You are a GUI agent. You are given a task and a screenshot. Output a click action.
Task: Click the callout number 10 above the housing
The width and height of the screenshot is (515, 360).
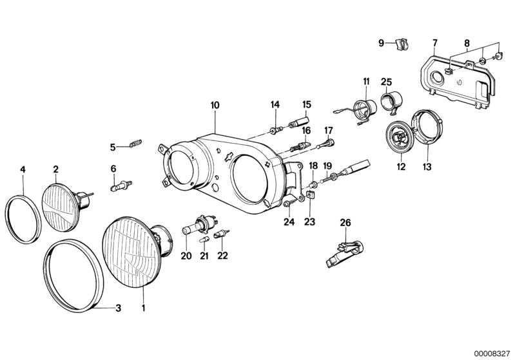pyautogui.click(x=215, y=104)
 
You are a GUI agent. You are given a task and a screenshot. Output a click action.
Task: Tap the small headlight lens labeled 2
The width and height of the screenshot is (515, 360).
pyautogui.click(x=60, y=202)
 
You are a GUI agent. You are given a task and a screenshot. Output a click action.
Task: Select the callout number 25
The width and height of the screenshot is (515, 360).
pyautogui.click(x=386, y=82)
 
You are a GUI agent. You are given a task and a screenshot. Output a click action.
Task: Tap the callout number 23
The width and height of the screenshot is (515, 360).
pyautogui.click(x=311, y=221)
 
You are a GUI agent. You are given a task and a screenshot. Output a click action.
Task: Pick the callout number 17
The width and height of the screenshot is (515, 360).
pyautogui.click(x=328, y=129)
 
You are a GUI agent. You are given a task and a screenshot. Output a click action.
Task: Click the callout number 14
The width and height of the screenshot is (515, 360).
pyautogui.click(x=275, y=104)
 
